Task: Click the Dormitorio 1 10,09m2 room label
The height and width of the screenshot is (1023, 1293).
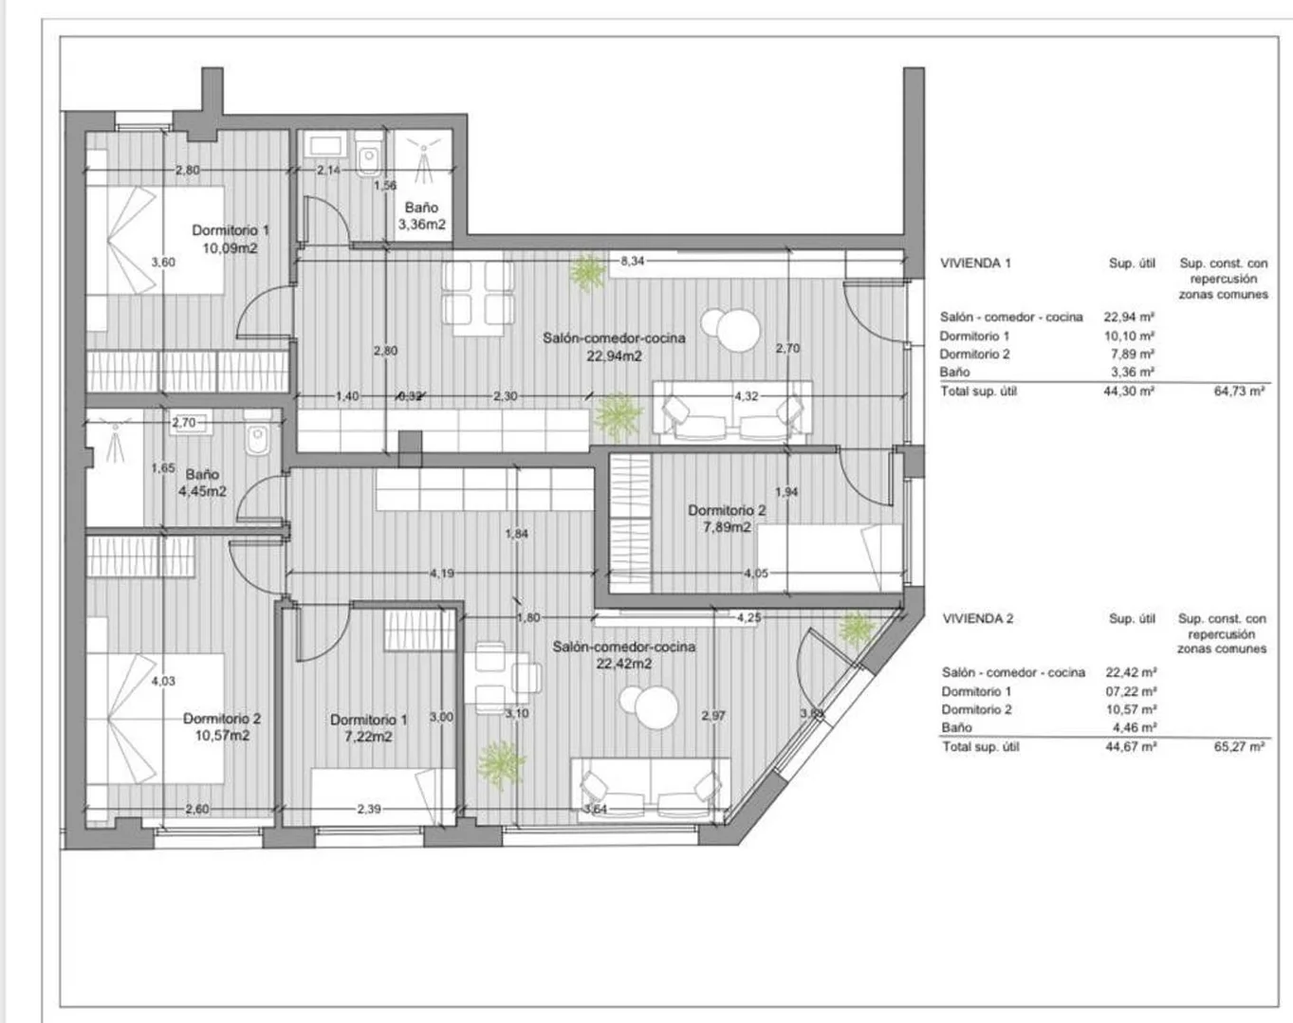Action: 231,239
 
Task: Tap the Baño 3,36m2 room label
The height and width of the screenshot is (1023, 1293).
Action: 421,215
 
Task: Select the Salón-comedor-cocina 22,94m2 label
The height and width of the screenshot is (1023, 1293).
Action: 614,347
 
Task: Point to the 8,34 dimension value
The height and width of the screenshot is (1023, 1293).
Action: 632,261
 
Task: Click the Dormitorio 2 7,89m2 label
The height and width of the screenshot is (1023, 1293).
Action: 727,519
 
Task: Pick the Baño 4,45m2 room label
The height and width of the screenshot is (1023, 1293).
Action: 202,483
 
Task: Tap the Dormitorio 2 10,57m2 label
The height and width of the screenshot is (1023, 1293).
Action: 222,727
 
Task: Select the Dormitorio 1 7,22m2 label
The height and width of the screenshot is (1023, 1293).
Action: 368,728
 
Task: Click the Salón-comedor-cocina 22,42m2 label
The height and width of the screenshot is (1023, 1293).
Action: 624,655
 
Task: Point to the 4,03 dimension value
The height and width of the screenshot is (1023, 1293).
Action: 163,681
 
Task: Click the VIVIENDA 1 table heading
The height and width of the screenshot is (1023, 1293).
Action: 975,264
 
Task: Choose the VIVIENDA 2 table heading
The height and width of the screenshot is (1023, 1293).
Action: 977,619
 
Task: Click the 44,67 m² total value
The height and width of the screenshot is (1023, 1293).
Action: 1132,747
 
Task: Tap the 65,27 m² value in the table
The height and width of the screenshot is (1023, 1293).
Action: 1239,747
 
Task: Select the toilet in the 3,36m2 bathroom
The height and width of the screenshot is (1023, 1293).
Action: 368,155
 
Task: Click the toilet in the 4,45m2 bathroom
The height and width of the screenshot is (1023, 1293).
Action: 258,433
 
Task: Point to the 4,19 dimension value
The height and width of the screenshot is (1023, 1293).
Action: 442,573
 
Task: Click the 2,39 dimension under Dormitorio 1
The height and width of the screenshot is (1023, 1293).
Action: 369,809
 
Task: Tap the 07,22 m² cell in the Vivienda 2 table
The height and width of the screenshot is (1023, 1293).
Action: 1132,691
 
